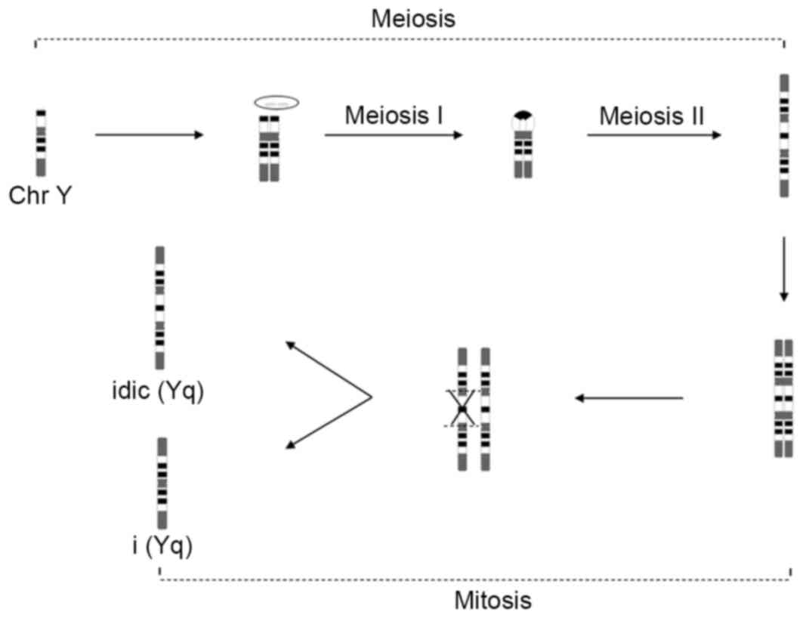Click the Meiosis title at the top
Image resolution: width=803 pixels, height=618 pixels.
click(x=413, y=18)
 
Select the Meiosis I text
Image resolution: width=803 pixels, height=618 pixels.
click(x=393, y=116)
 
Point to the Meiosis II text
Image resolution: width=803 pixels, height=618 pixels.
click(x=653, y=116)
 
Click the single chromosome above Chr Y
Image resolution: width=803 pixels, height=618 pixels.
click(x=41, y=144)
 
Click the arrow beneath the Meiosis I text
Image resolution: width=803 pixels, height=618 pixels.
click(x=393, y=135)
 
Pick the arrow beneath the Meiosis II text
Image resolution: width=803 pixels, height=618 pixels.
click(x=653, y=135)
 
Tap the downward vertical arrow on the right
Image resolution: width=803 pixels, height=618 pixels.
click(x=783, y=268)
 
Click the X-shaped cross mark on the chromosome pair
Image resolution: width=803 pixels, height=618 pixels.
click(x=462, y=409)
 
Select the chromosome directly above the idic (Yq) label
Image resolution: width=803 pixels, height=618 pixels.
click(x=159, y=307)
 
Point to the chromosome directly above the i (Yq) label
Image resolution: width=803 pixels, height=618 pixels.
click(x=162, y=483)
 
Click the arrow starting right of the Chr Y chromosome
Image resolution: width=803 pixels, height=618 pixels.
click(x=150, y=135)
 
